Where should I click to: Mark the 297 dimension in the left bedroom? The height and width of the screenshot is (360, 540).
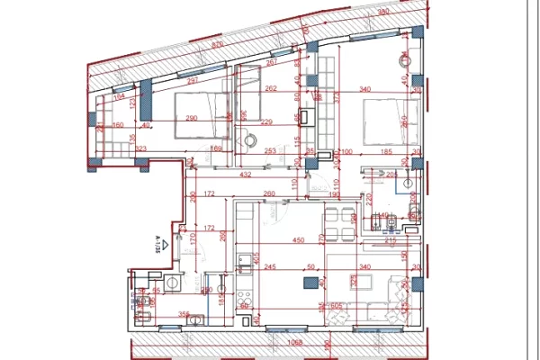click(x=192, y=80)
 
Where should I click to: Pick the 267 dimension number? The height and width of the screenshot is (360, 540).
click(x=271, y=63)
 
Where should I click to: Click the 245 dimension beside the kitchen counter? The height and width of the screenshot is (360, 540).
click(x=269, y=266)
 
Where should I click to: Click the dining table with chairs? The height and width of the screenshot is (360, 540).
click(x=341, y=224)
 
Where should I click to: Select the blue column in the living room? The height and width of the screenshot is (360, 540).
click(x=310, y=283)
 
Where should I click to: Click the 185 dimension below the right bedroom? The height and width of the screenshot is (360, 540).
click(x=384, y=152)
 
